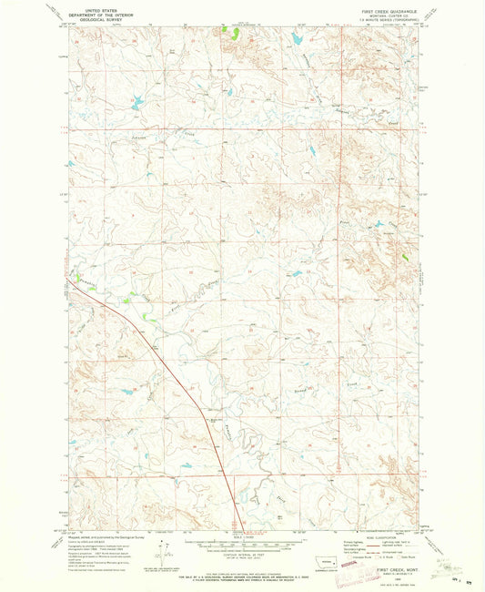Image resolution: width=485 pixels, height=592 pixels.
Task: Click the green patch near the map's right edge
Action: coord(406,259)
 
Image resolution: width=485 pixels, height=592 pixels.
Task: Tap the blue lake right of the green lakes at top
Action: coord(297,39)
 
